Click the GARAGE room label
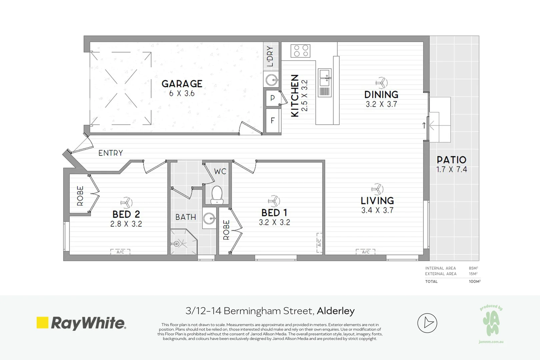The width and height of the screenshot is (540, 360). tap(182, 84)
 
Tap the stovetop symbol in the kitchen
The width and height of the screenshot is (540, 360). tap(300, 51)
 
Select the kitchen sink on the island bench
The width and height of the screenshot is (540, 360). tap(324, 78)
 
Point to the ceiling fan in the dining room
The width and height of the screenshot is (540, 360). tap(381, 82)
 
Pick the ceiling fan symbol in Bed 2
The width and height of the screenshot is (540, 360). tap(126, 202)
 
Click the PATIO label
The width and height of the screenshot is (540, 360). tap(451, 160)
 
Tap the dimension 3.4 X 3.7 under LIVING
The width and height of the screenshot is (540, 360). tap(377, 210)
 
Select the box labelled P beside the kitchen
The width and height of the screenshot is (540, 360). tap(273, 98)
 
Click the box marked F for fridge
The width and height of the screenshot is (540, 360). tap(273, 120)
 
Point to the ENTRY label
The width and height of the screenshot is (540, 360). tap(111, 153)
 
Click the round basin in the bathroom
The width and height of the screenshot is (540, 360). tap(209, 219)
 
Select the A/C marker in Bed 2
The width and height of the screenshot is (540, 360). tap(120, 252)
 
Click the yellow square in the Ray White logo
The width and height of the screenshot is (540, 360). tap(42, 322)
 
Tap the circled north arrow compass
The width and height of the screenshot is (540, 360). tap(427, 323)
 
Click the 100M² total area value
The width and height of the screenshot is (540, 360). tap(474, 281)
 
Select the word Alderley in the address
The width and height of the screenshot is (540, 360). tap(336, 311)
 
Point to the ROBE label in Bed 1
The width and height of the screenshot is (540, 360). tap(226, 230)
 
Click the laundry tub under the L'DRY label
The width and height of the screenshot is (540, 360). tap(272, 80)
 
